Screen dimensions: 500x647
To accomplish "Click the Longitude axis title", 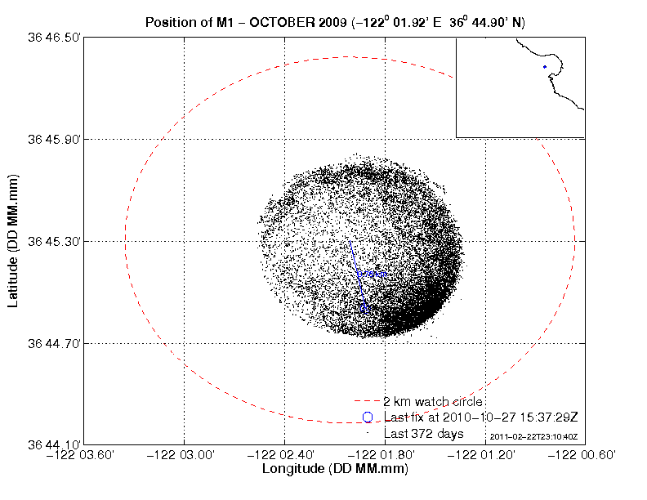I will tap(335, 470).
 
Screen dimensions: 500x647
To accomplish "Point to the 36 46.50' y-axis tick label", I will tap(54, 38).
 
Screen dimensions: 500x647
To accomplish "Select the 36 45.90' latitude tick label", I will tap(54, 140).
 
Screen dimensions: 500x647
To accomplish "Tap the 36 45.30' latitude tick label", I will tap(54, 242).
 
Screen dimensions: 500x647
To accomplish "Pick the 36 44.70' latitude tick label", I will tap(54, 344).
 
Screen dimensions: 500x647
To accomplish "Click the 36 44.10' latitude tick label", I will tap(54, 445).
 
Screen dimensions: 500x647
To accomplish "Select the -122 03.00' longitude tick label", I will tap(184, 455).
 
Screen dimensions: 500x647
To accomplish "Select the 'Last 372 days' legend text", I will tap(424, 433).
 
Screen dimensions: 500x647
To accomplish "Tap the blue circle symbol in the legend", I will tap(368, 417).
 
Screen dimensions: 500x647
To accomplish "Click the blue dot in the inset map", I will tap(544, 67).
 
